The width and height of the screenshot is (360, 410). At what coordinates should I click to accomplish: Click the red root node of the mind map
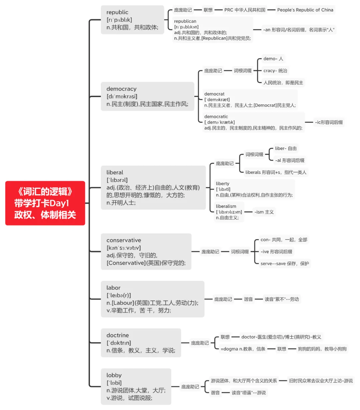(x=45, y=203)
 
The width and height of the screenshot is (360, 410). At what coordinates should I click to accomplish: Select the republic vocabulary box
(x=132, y=20)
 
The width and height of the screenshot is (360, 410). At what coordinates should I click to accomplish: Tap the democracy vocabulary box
(x=147, y=96)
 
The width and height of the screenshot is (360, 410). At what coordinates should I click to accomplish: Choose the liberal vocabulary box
(x=153, y=187)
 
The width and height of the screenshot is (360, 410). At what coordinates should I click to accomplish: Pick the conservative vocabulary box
(x=146, y=252)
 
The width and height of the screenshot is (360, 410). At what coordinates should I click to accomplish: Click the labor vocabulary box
(x=152, y=299)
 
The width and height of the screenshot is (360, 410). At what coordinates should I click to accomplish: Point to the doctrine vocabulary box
(x=141, y=343)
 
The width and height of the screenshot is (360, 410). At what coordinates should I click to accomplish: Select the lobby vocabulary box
(x=136, y=386)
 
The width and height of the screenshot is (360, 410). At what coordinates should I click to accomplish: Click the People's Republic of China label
(x=305, y=10)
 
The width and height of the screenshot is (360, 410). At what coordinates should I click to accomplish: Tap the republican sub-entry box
(x=212, y=30)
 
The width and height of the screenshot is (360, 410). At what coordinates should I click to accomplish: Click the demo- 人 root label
(x=273, y=59)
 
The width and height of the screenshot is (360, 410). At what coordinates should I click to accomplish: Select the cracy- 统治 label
(x=275, y=71)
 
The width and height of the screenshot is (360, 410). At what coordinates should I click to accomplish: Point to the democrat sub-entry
(x=250, y=99)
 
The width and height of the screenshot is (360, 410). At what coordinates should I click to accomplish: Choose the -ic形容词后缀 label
(x=329, y=122)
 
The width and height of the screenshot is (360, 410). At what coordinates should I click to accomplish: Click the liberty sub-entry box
(x=254, y=189)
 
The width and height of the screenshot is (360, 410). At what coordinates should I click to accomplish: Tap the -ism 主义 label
(x=264, y=212)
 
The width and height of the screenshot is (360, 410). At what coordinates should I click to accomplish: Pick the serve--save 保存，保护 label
(x=285, y=264)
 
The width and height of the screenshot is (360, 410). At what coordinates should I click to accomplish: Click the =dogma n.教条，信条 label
(x=243, y=349)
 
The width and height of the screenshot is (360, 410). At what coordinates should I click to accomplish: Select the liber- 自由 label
(x=286, y=148)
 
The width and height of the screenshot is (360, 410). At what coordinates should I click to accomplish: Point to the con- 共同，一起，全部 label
(x=284, y=240)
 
